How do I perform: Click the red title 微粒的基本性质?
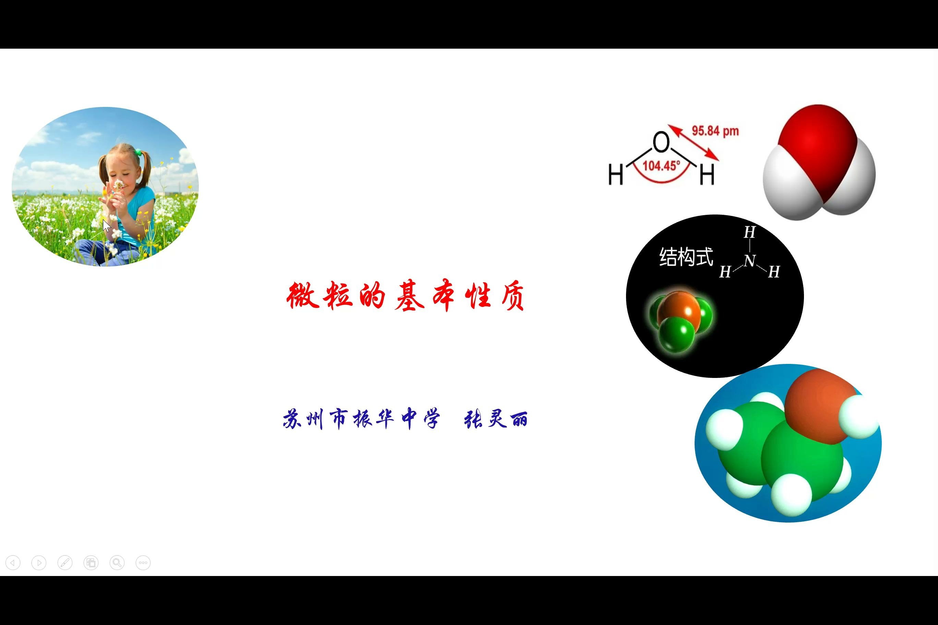coord(405,296)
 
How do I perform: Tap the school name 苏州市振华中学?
coord(361,418)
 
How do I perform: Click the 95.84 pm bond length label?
coord(715,131)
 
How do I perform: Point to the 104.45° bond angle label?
coord(661,166)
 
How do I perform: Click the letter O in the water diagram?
coord(661,142)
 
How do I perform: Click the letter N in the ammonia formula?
coord(749,261)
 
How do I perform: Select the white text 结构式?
coord(686,257)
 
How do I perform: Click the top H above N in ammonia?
coord(749,232)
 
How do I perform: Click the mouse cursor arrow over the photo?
coord(106,225)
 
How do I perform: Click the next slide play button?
coord(39,563)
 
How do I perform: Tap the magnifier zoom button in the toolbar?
coord(117,563)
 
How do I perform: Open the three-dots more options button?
coord(143,563)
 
